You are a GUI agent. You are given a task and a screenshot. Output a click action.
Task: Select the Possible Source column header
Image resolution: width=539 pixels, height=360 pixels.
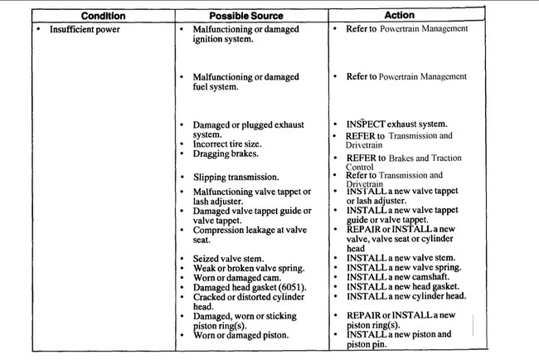(x=245, y=16)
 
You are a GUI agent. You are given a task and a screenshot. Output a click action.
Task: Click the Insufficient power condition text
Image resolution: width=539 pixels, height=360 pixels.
(x=85, y=29)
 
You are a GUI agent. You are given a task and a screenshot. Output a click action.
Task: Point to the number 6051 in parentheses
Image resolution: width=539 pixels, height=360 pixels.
(x=292, y=287)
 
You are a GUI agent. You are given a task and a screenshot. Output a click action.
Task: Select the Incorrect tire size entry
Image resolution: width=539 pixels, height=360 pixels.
(x=229, y=144)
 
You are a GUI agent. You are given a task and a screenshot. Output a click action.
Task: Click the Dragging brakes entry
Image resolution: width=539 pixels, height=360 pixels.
(x=225, y=153)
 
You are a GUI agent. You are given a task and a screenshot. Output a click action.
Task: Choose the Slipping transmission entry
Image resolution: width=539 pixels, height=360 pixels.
(x=236, y=178)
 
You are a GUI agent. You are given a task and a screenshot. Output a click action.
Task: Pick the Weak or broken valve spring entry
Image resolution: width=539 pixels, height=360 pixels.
(x=247, y=268)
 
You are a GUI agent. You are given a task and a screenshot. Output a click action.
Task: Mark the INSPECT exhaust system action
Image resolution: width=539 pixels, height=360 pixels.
(x=396, y=124)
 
